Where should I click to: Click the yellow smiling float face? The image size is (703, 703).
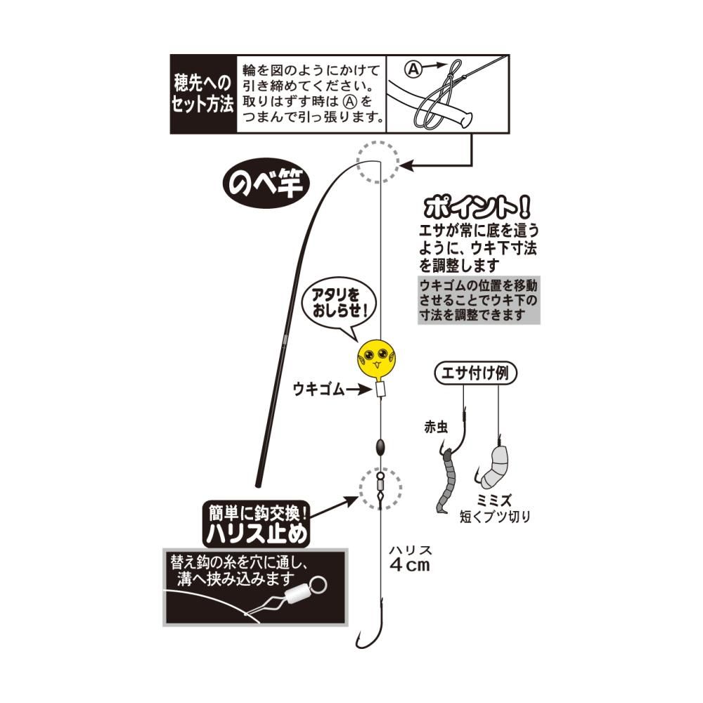377,359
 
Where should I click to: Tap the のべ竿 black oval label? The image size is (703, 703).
266,183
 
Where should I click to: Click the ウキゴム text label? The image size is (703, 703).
318,389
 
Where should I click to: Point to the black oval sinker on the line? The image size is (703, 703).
380,447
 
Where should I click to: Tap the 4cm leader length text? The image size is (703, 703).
410,565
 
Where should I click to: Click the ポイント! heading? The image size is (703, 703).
477,207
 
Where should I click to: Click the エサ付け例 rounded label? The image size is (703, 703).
475,373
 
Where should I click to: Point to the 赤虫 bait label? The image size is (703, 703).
436,427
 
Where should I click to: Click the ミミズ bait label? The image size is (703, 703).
494,501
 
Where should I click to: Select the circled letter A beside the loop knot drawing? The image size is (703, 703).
413,69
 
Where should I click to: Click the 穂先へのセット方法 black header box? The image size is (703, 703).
203,94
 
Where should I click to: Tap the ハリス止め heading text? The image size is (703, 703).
257,534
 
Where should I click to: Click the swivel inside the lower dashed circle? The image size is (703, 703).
380,489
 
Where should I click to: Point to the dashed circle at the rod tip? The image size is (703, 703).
378,162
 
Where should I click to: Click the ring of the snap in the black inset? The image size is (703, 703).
317,585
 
